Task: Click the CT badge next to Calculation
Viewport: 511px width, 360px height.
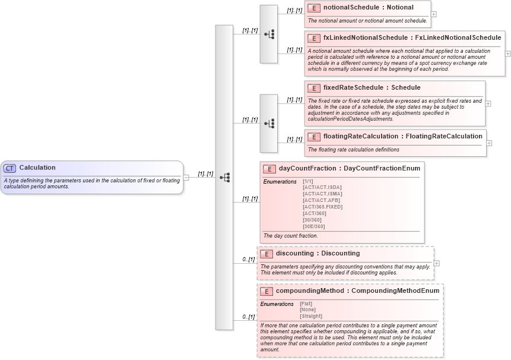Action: click(10, 168)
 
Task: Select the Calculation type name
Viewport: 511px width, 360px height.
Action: click(37, 168)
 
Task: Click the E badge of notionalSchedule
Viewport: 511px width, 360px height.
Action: click(314, 8)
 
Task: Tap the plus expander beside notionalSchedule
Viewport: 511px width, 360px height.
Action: click(434, 14)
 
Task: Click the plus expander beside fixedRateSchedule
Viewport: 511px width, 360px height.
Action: click(488, 103)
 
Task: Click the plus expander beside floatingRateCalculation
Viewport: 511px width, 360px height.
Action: click(489, 143)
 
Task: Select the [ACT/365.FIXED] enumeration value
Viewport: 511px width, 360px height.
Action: click(322, 207)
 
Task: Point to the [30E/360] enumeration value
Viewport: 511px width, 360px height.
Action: click(313, 226)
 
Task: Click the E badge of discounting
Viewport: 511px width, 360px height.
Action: click(266, 254)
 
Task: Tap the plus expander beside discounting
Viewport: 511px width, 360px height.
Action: click(437, 263)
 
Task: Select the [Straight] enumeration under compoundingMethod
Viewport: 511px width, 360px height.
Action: click(311, 316)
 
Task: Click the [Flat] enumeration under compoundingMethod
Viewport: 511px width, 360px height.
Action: click(306, 304)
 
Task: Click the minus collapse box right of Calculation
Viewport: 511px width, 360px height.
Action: click(186, 177)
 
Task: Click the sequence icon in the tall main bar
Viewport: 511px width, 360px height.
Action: click(224, 177)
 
